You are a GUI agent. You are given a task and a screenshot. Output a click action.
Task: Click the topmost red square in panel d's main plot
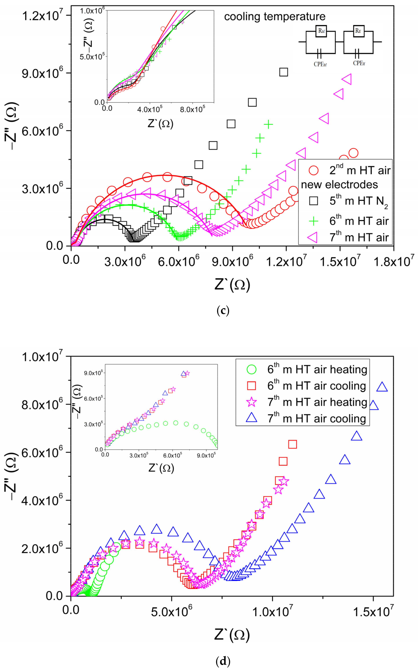click(x=292, y=444)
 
